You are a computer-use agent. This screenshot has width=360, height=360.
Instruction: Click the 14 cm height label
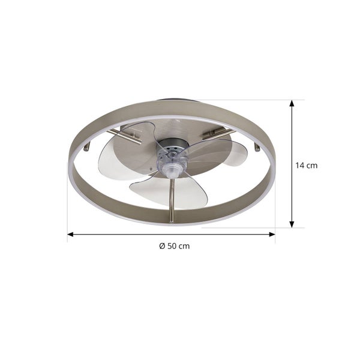306,166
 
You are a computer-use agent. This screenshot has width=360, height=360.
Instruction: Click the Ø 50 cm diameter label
174,246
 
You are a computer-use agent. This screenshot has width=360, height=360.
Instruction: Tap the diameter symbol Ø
162,246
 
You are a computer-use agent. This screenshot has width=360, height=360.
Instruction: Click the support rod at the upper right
217,134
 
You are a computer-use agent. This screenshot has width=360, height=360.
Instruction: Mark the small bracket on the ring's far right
259,146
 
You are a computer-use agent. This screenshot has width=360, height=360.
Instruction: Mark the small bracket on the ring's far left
88,146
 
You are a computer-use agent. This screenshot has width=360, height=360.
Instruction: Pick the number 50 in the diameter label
173,246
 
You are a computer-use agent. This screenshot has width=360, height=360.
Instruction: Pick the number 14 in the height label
301,166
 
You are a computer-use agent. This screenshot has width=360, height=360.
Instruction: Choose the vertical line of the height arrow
292,180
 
